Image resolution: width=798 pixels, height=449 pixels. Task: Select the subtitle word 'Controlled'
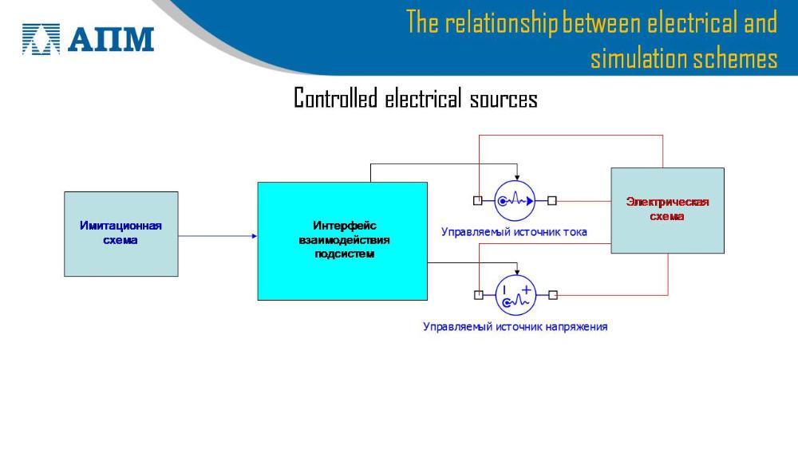(335, 99)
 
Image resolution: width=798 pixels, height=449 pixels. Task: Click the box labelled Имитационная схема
(120, 234)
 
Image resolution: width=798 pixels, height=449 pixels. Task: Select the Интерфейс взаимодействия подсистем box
(342, 241)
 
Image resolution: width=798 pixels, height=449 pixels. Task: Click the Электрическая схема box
(667, 211)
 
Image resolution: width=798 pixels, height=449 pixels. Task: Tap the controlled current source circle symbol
(515, 201)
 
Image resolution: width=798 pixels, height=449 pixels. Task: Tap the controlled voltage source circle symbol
(516, 295)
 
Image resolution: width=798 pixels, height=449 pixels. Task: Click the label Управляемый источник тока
(514, 232)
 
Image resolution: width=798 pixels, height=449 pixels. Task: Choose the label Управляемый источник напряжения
(515, 326)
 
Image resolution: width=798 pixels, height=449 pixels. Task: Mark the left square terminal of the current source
(477, 201)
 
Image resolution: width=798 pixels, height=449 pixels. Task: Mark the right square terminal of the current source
(552, 201)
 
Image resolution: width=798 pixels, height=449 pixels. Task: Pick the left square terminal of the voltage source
(478, 295)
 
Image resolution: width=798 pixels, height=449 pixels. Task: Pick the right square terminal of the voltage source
(552, 295)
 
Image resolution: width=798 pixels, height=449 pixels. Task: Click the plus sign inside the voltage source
(526, 289)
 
